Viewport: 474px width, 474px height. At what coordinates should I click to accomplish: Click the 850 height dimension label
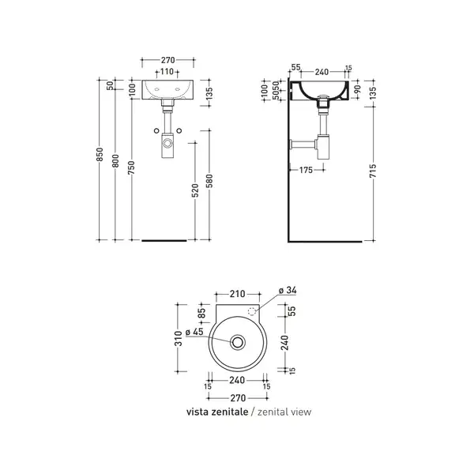100,154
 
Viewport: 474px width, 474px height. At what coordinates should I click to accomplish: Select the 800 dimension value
115,160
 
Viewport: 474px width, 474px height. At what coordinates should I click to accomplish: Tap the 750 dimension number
131,167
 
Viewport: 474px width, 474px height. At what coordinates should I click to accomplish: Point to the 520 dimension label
195,190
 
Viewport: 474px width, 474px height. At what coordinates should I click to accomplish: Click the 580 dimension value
209,181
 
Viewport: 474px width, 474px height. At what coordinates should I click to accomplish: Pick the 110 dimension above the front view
167,72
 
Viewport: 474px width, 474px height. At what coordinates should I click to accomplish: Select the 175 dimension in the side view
306,170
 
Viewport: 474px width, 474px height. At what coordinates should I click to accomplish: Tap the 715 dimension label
373,171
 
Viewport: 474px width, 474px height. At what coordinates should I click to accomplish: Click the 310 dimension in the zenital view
179,338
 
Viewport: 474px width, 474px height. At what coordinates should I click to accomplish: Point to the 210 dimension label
237,294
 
